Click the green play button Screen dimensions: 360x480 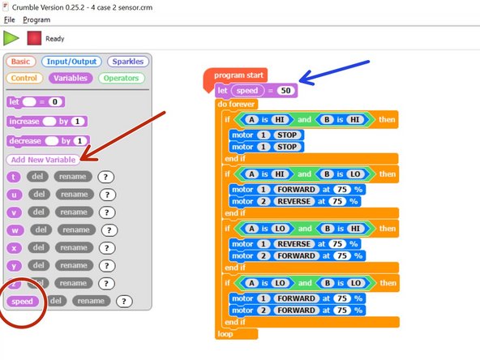(12, 37)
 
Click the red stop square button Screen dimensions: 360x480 (34, 37)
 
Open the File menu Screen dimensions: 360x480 (10, 19)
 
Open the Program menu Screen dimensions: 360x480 (36, 19)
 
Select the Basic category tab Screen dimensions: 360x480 (21, 62)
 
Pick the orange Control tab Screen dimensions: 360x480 (24, 79)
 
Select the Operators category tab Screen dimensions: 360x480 (120, 79)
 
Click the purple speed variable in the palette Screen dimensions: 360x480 (23, 301)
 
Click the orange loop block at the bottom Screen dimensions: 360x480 (227, 333)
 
